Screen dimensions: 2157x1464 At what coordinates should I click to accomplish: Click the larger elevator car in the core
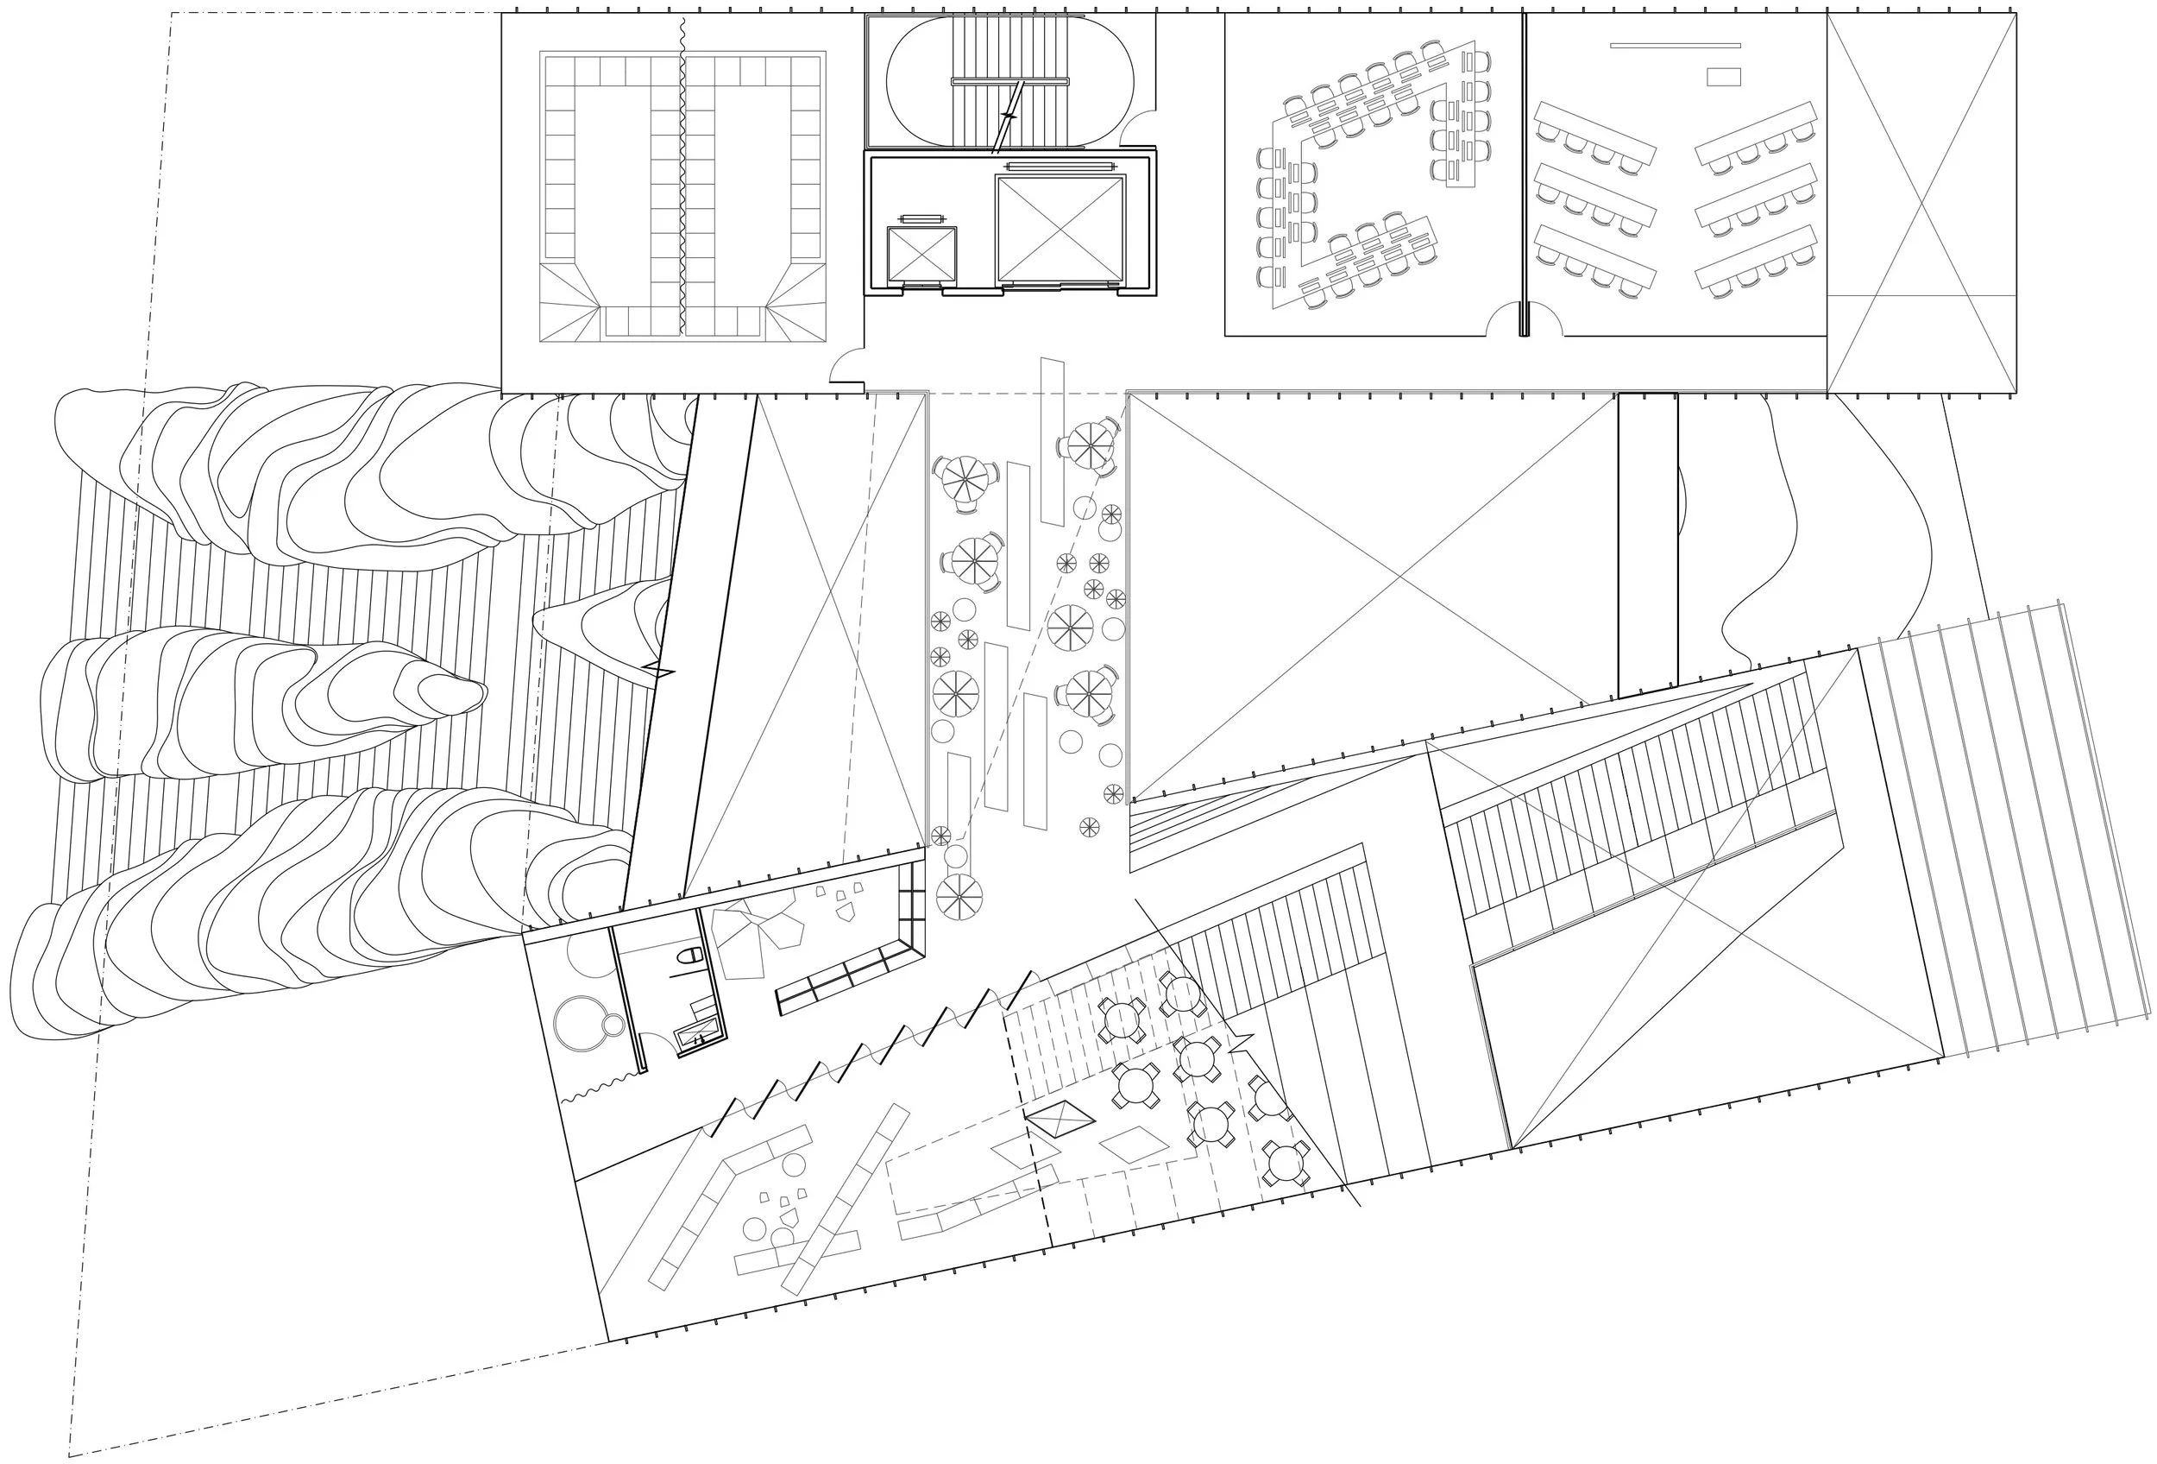[1059, 229]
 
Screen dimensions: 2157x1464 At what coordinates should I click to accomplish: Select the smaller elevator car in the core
[921, 254]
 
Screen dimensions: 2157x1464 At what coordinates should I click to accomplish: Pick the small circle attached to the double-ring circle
[613, 1025]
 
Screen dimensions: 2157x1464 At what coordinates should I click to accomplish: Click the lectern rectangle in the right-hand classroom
[1724, 77]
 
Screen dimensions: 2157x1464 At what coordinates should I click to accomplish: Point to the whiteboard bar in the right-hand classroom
[1675, 45]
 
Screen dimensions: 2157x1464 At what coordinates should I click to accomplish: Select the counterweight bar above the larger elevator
[1059, 167]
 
